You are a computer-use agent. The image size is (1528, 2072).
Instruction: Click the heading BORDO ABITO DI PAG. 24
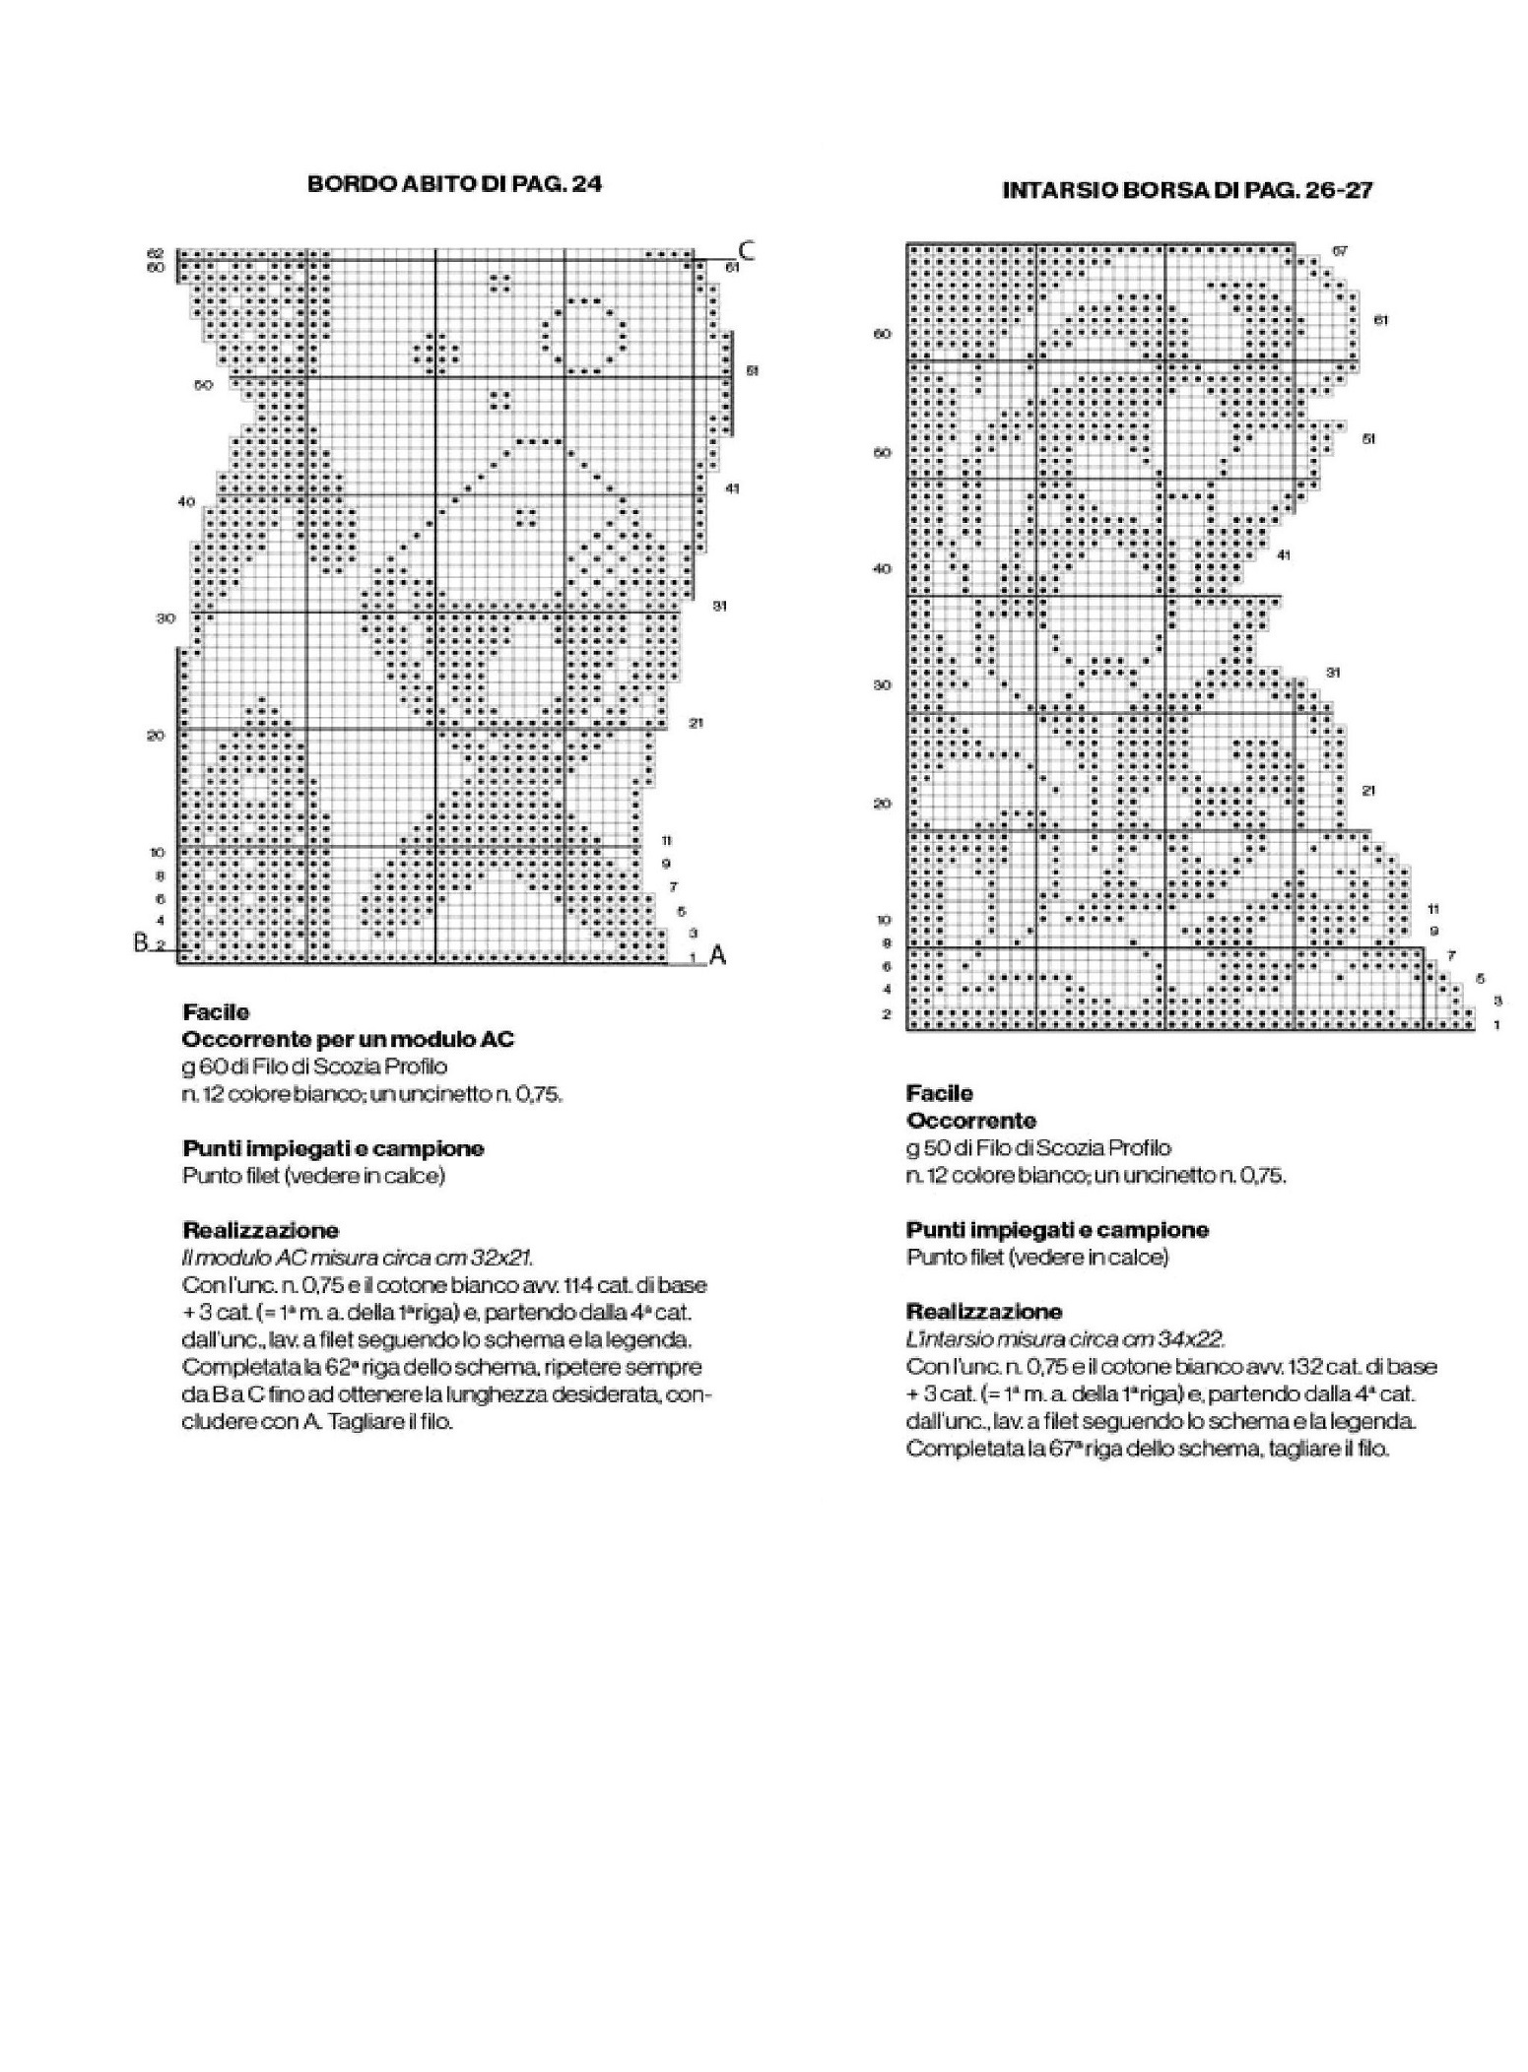click(x=454, y=184)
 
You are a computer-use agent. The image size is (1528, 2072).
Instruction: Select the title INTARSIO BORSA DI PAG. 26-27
click(x=1187, y=191)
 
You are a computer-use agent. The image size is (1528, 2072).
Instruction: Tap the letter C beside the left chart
click(x=747, y=251)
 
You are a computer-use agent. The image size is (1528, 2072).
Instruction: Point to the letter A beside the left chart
click(x=717, y=954)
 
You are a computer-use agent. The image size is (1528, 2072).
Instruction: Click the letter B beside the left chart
click(x=141, y=942)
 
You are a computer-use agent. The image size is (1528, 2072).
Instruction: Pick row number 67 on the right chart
click(x=1340, y=251)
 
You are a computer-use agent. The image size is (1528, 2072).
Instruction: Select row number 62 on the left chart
click(x=156, y=253)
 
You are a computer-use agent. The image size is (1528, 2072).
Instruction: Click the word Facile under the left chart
click(x=216, y=1011)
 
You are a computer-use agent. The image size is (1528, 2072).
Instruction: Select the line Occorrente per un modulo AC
click(x=348, y=1039)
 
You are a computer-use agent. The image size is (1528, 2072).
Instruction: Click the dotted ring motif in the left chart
click(x=583, y=335)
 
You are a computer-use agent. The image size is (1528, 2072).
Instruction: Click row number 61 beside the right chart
click(x=1380, y=320)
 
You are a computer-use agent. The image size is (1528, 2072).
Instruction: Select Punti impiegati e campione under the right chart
click(x=1057, y=1229)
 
